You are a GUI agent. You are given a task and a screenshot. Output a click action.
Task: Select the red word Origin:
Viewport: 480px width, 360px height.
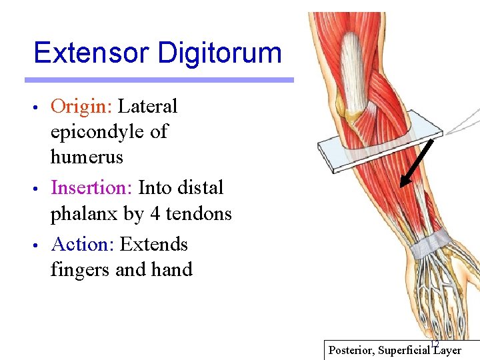[x=83, y=107]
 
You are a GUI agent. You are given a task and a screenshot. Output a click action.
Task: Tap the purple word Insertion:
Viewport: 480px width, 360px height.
[x=92, y=188]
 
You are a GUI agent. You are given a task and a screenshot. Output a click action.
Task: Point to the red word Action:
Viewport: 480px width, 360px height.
[x=83, y=245]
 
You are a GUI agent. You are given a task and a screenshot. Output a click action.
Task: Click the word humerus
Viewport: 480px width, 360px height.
[x=87, y=157]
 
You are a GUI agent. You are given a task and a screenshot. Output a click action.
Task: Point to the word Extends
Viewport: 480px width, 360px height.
[x=153, y=245]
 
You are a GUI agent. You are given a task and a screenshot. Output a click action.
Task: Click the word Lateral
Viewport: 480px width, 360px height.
[x=147, y=107]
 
